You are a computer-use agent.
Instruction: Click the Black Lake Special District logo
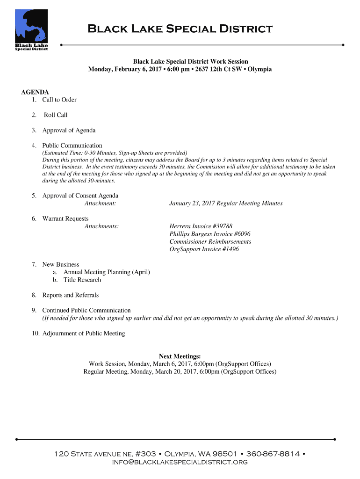point(31,29)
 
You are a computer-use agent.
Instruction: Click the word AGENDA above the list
point(35,92)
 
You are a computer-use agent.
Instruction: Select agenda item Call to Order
point(59,100)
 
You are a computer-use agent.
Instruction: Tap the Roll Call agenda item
point(56,115)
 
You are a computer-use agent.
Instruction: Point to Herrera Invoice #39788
point(201,226)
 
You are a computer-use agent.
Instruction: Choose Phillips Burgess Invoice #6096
point(207,234)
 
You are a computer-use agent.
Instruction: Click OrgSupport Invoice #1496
point(204,249)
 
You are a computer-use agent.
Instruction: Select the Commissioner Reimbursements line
point(210,242)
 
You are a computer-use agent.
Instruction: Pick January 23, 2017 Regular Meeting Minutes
point(226,203)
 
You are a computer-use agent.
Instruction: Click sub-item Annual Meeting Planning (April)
point(107,272)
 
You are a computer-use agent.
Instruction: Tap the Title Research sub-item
point(82,280)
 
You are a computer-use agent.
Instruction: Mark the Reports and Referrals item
point(70,295)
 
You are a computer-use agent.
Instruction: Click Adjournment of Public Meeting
point(84,334)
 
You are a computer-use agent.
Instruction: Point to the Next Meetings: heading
point(180,356)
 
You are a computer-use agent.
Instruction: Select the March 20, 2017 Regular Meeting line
point(180,372)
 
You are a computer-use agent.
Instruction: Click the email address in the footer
point(180,462)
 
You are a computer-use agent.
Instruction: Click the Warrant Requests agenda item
point(65,218)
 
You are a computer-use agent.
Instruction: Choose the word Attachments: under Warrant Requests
point(101,226)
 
